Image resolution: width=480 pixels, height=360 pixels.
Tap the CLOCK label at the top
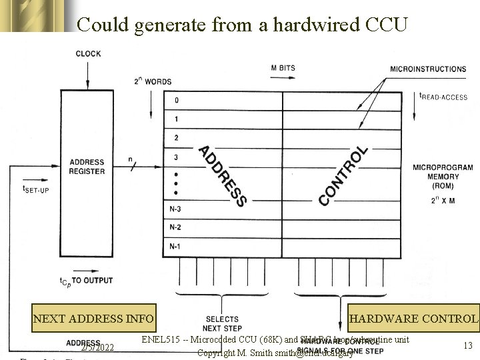coord(89,53)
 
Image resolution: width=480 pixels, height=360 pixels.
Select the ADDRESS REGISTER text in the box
coord(87,166)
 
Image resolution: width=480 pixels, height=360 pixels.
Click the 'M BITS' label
coord(283,68)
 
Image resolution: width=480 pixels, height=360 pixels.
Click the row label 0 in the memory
coord(176,101)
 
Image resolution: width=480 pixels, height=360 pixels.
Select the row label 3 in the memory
coord(176,157)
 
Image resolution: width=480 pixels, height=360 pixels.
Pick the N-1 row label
coord(175,247)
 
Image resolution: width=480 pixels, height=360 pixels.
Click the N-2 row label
coord(175,229)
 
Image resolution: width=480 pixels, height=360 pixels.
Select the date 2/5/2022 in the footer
coord(97,347)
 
